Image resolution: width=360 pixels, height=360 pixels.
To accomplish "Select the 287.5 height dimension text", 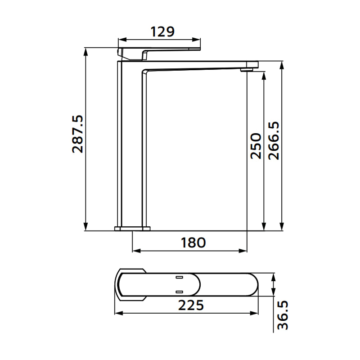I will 78,134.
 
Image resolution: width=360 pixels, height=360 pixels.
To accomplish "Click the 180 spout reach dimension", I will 193,243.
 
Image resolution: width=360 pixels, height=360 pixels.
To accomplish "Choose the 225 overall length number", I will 191,305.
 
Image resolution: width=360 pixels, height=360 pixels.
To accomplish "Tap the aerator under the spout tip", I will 247,69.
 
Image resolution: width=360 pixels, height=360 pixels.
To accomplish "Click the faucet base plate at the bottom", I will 133,229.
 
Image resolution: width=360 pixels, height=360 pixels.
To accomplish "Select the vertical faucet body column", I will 120,144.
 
